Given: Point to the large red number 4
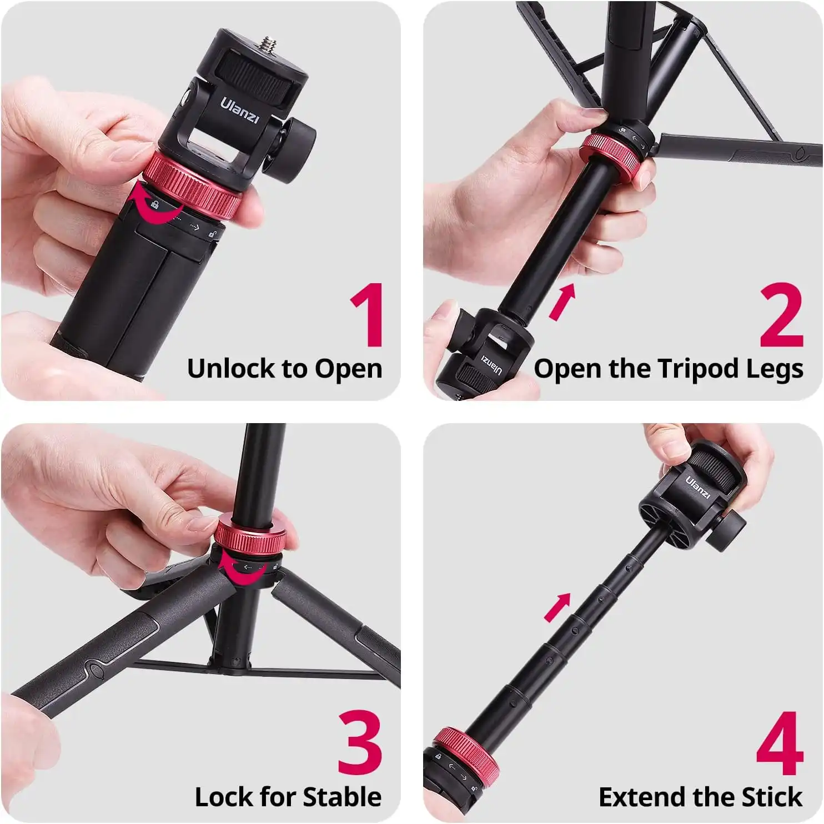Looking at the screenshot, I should pyautogui.click(x=780, y=743).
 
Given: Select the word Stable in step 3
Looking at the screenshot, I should pyautogui.click(x=344, y=797).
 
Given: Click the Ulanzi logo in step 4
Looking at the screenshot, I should pyautogui.click(x=698, y=487).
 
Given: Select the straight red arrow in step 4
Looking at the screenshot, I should pyautogui.click(x=557, y=607).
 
